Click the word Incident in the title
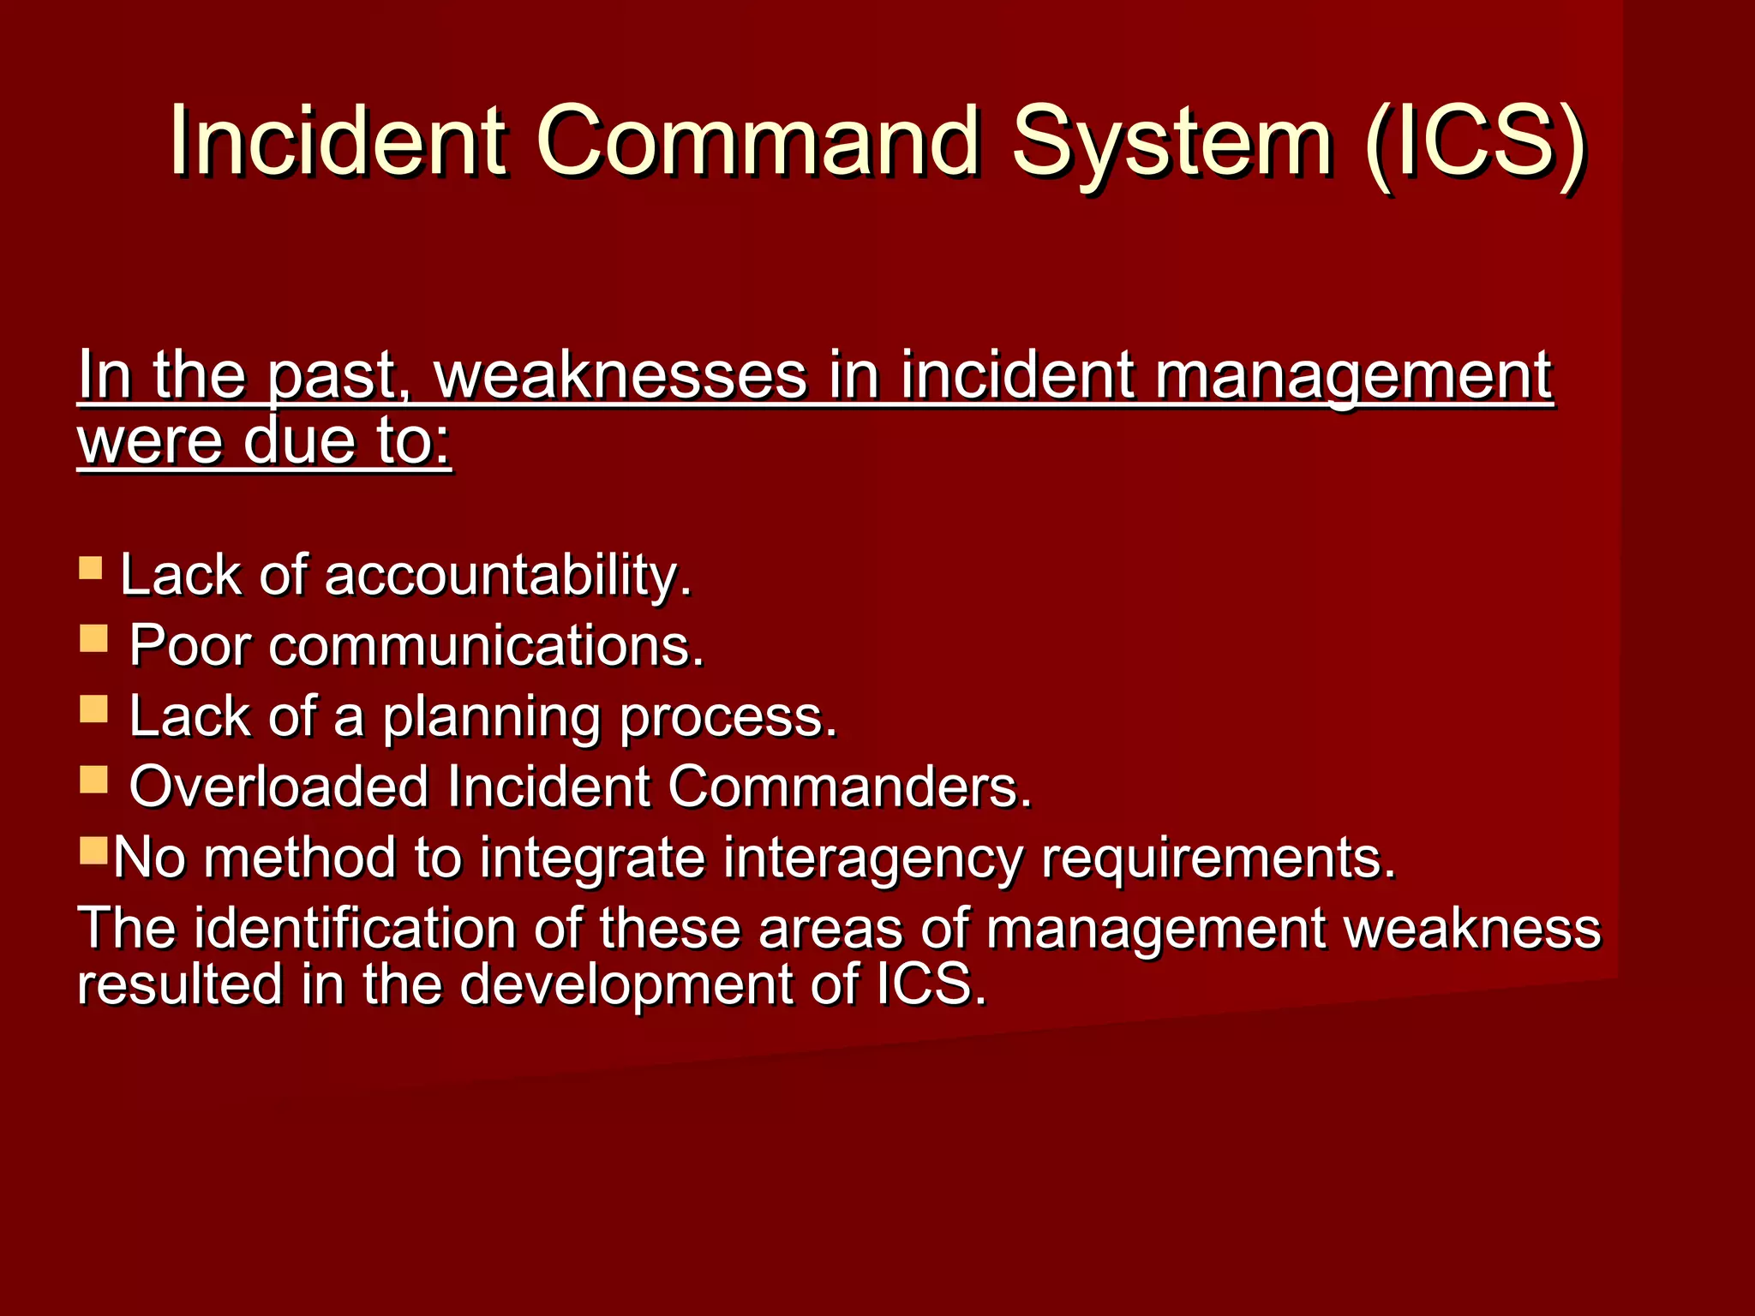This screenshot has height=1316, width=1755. (338, 140)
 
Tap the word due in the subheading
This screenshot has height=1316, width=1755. (298, 441)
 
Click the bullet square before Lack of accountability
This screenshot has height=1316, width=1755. (91, 568)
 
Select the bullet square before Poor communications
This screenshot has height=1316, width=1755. (93, 638)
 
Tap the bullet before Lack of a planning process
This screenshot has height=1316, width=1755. (93, 709)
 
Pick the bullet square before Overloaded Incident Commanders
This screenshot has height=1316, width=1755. (93, 780)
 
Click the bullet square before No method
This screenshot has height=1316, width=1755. (93, 850)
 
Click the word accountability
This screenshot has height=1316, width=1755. (508, 575)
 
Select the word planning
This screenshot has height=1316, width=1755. (491, 718)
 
